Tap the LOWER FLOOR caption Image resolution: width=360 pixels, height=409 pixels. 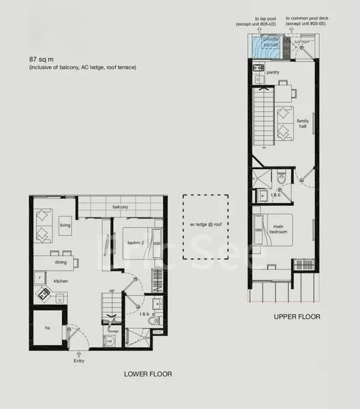point(147,374)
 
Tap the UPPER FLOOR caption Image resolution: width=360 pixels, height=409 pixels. point(297,317)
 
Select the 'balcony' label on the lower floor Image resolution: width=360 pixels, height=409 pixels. point(120,207)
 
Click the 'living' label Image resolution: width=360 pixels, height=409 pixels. point(65,225)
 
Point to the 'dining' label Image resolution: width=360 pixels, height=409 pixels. point(61,262)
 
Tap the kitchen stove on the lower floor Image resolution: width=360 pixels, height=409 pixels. point(44,294)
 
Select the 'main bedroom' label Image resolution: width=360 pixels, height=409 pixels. point(278,230)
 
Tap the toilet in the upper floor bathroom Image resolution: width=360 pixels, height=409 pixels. point(281,179)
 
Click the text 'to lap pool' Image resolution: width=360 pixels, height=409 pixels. point(265,18)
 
